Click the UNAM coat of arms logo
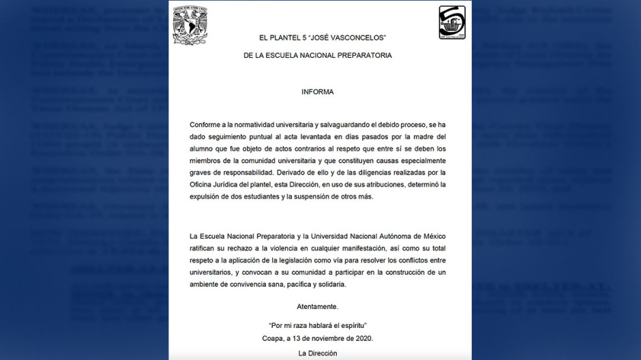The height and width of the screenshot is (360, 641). coord(190,26)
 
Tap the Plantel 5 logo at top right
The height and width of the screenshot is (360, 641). coord(452,23)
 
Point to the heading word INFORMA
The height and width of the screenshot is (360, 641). coord(318,91)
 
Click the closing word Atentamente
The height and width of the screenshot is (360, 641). coord(318,306)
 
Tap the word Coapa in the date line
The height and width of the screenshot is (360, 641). coord(274,338)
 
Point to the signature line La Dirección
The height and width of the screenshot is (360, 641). coord(318,353)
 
